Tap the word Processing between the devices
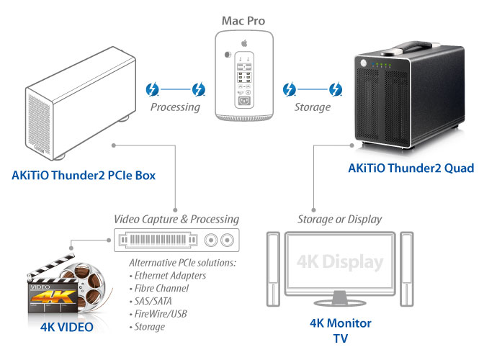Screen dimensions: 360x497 click(x=174, y=107)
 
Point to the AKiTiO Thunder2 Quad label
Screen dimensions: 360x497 click(x=411, y=168)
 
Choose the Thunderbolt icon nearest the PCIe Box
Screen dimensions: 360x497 click(x=152, y=90)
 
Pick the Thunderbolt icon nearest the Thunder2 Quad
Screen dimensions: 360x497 click(x=335, y=90)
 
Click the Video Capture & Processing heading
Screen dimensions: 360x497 click(x=176, y=219)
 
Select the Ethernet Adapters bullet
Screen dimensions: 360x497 click(x=168, y=275)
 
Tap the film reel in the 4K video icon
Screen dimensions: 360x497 click(x=90, y=287)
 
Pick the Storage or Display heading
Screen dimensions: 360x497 click(x=340, y=219)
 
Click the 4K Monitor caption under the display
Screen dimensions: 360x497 click(x=340, y=323)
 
